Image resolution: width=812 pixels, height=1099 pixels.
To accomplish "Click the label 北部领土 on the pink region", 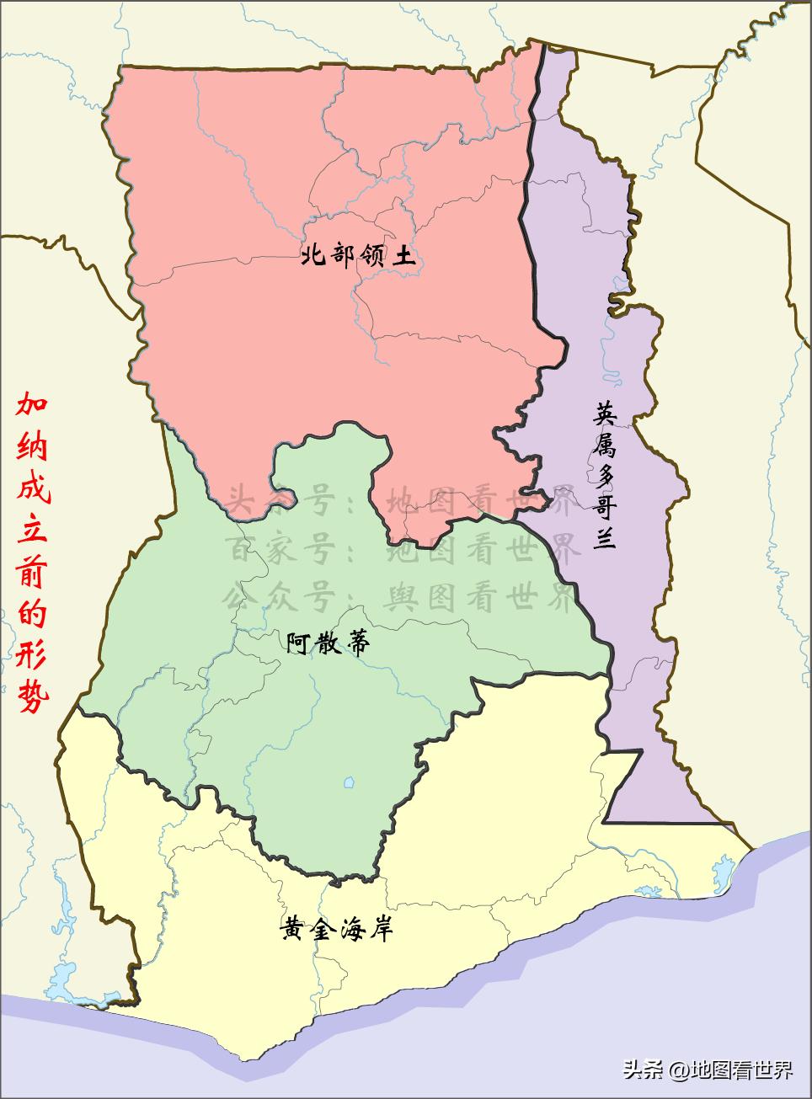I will tap(358, 255).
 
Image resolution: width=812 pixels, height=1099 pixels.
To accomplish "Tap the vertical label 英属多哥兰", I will tap(605, 476).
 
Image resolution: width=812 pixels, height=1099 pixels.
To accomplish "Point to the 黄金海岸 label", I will tap(336, 929).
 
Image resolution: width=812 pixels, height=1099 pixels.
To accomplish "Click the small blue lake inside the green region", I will tap(348, 784).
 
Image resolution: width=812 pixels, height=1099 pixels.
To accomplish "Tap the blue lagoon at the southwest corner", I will tap(63, 980).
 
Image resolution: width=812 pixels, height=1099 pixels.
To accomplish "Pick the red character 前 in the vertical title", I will tap(35, 574).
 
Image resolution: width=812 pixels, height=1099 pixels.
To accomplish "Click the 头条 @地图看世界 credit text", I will tap(708, 1070).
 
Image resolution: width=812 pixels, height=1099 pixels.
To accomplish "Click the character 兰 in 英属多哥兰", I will tap(605, 537).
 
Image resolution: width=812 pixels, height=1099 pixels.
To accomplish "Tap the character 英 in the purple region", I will tap(605, 413).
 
